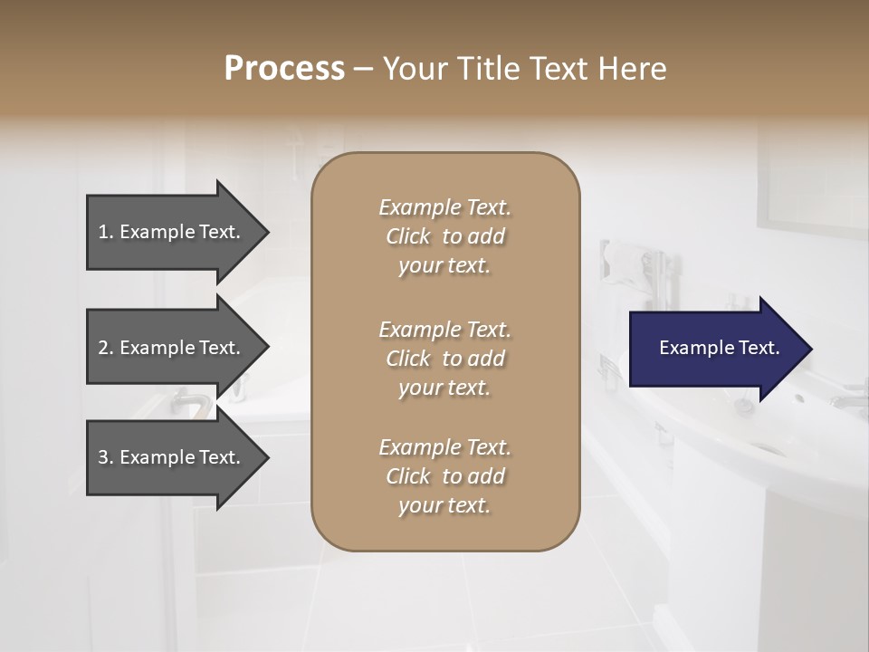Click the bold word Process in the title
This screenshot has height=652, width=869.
coord(284,69)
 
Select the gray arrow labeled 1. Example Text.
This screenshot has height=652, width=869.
coord(172,232)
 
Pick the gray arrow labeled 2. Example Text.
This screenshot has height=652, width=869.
coord(172,348)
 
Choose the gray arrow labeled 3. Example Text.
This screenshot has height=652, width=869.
coord(172,457)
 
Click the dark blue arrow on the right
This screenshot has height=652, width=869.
coord(715,348)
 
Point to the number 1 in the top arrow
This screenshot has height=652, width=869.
coord(103,232)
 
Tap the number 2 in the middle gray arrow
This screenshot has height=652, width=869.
coord(103,348)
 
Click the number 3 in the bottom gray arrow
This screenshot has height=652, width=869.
coord(103,457)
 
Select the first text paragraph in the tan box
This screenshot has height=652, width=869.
coord(444,236)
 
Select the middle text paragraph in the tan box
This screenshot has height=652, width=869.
coord(444,359)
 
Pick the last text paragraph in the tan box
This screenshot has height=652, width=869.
coord(444,476)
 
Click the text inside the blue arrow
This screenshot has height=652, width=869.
coord(719,348)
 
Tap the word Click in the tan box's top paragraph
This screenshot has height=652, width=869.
coord(408,237)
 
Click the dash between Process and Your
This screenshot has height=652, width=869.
coord(364,69)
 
